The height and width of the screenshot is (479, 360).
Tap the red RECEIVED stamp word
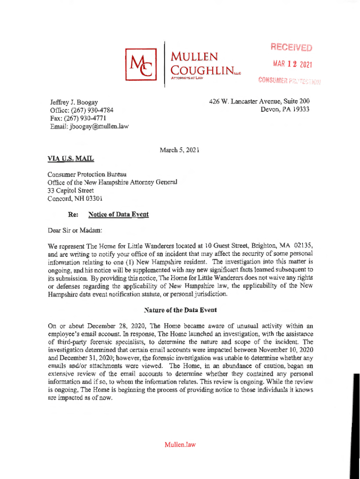coord(290,47)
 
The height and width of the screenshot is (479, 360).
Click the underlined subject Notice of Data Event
coord(115,214)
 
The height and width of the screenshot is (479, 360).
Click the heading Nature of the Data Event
coord(180,310)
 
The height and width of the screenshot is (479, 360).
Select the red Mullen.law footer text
coord(180,444)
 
